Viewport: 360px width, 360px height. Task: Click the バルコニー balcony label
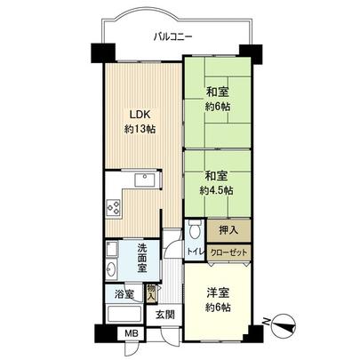pos(174,36)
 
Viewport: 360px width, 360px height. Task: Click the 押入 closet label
pos(228,230)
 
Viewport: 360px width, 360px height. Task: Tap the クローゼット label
pos(228,252)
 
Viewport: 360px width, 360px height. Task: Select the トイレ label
pos(194,252)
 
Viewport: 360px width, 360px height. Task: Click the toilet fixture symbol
pos(195,231)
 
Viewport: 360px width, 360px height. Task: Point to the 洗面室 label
pos(143,262)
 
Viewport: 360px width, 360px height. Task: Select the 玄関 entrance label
pos(166,315)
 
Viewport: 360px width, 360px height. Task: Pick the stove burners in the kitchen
pos(114,208)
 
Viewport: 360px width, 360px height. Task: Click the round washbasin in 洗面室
pos(111,268)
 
